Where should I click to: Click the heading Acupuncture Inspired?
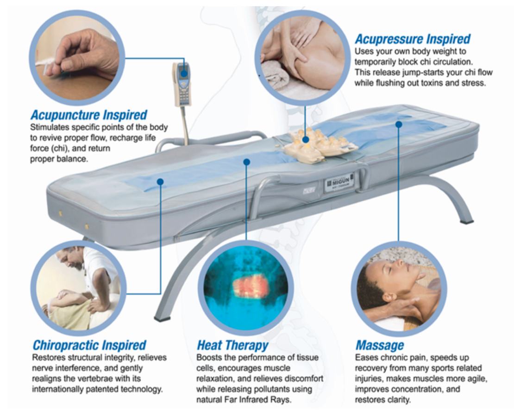tap(88, 115)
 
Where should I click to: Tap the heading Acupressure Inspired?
tap(413, 39)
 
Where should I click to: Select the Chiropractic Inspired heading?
tap(89, 345)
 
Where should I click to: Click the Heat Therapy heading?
tap(232, 345)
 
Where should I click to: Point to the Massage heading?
tap(380, 346)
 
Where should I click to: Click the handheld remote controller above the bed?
tap(182, 85)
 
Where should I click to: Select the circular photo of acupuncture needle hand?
tap(77, 58)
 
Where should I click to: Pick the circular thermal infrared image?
tap(245, 288)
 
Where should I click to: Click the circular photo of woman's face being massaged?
tap(399, 288)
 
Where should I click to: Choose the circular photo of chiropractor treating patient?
tap(78, 288)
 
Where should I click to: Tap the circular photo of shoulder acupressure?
tap(302, 58)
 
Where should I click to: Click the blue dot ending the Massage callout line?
tap(399, 124)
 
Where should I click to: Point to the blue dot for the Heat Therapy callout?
tap(247, 162)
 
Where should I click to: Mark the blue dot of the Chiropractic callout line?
tap(160, 182)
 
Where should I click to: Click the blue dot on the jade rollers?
tap(306, 140)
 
